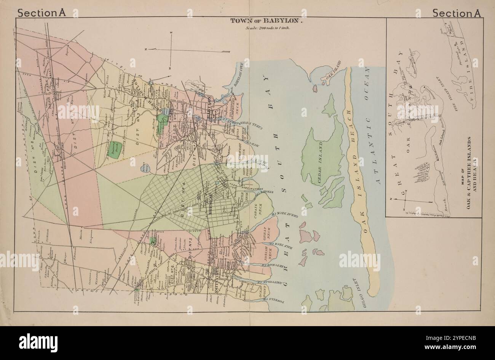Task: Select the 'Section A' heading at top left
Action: pos(42,12)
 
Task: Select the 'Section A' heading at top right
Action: pos(457,12)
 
